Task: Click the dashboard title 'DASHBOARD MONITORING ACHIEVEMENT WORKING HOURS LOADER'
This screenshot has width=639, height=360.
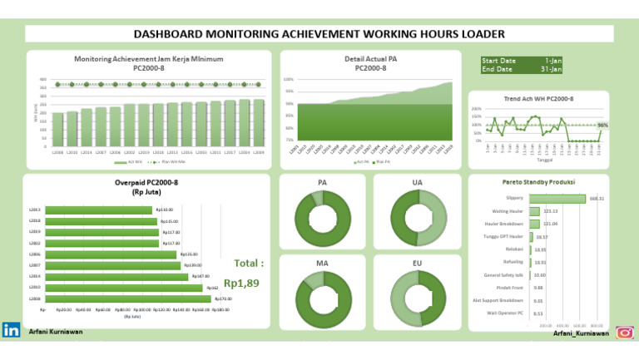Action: [319, 34]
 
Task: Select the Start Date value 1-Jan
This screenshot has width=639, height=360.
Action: [552, 61]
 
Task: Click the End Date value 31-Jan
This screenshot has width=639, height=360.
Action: [551, 69]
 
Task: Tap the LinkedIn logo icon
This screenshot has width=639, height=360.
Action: [12, 330]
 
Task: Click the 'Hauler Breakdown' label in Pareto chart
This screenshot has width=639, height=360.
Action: [504, 224]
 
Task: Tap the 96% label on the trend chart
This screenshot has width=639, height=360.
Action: [602, 126]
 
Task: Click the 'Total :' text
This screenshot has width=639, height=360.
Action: [249, 264]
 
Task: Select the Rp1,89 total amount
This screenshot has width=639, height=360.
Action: [241, 283]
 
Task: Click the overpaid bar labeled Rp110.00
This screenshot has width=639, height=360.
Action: [99, 210]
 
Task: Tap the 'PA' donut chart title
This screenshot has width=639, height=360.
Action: [321, 182]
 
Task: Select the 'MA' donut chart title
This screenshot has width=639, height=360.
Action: [321, 263]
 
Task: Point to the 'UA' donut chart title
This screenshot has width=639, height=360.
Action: [416, 182]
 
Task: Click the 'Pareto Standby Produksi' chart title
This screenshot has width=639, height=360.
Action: [538, 182]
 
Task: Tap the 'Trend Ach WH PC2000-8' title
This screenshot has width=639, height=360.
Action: [538, 99]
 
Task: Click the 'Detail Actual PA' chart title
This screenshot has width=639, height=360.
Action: [370, 59]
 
